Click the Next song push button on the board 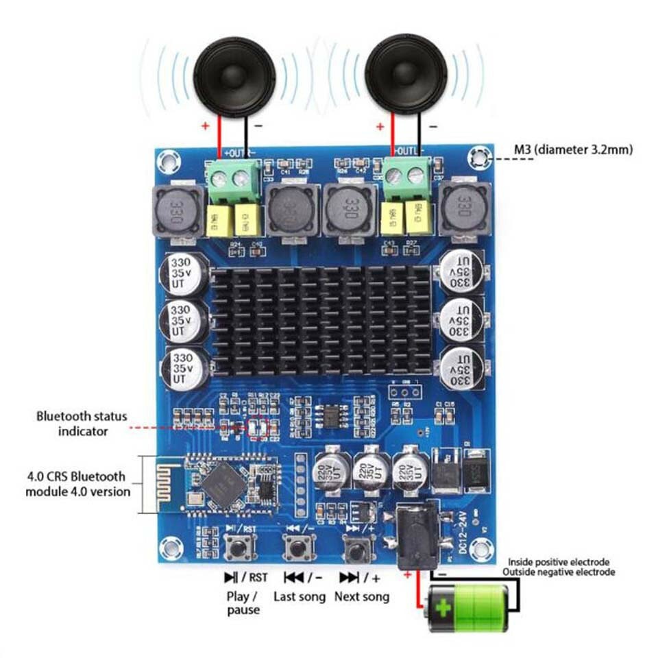[356, 548]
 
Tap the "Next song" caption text [361, 596]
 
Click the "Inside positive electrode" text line [559, 562]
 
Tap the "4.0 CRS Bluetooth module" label [77, 483]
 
